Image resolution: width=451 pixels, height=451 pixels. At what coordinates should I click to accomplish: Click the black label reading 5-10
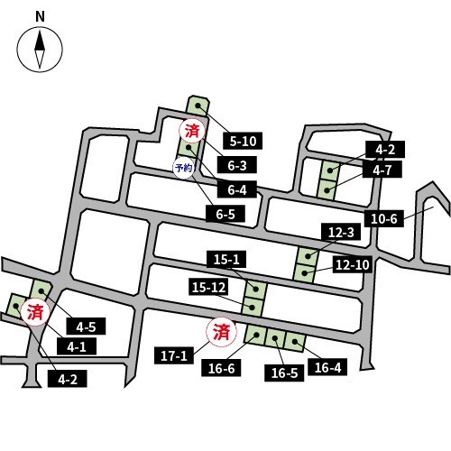tap(243, 141)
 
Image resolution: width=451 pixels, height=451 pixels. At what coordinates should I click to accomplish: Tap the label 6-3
tap(237, 165)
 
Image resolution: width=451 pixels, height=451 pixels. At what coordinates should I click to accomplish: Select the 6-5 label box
tap(225, 214)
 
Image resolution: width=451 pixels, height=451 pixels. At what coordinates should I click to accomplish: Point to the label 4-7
tap(382, 170)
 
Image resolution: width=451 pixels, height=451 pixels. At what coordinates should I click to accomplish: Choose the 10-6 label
tap(384, 218)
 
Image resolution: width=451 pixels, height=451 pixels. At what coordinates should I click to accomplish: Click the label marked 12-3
tap(341, 232)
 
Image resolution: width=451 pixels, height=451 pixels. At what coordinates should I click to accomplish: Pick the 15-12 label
tap(208, 287)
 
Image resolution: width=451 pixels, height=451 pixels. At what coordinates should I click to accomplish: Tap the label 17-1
tap(174, 355)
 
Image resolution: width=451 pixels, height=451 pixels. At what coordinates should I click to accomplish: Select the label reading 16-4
tap(327, 367)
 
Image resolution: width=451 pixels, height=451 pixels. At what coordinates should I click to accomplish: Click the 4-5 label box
tap(86, 327)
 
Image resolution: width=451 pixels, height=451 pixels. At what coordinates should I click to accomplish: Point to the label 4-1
tap(77, 346)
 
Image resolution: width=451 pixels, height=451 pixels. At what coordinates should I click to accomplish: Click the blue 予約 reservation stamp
tap(183, 168)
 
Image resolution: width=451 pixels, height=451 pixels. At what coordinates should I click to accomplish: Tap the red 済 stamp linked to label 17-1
tap(221, 332)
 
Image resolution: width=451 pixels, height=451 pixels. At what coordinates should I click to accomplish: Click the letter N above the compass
tap(40, 16)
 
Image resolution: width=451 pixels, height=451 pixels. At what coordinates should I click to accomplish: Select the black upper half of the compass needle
tap(40, 41)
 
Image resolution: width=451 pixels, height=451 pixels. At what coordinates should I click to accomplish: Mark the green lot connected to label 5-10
tap(198, 106)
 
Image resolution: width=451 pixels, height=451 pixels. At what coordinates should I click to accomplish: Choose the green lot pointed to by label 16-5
tap(275, 338)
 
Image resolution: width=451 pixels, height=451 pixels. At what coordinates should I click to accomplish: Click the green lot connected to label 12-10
tap(305, 273)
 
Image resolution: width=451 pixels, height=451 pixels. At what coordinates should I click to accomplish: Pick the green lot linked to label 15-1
tap(256, 290)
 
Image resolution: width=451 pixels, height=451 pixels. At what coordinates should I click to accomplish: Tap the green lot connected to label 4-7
tap(327, 190)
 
